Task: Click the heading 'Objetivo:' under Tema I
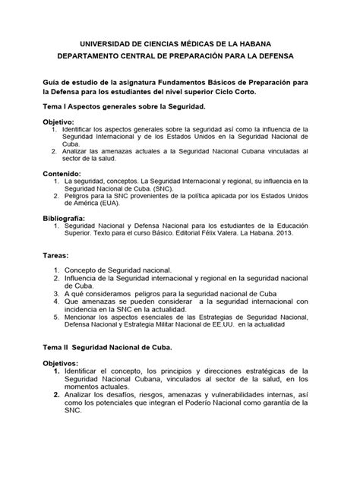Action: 58,122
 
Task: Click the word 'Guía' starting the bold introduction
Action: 52,80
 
